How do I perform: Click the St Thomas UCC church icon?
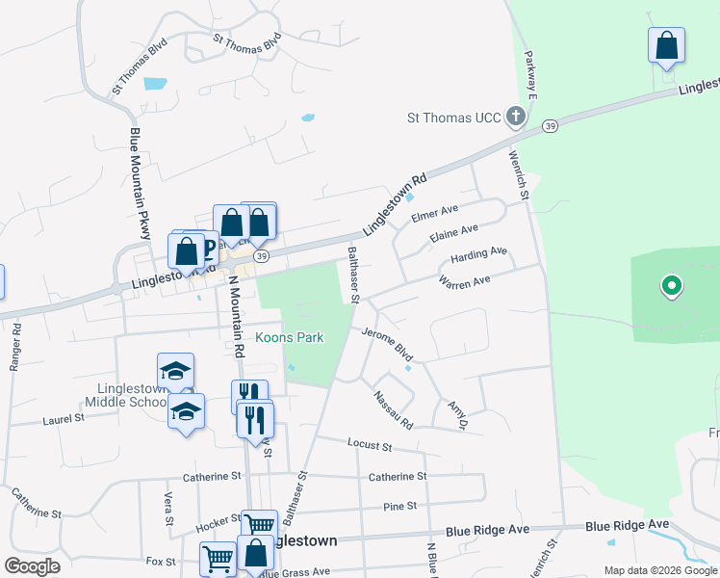coord(516,118)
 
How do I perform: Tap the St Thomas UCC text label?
coord(454,118)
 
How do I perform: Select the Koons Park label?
coord(289,337)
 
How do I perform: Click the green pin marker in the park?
coord(672,286)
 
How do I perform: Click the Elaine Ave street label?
coord(454,234)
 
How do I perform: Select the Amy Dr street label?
coord(457,415)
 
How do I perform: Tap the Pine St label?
coord(399,506)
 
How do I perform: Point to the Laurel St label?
coord(64,420)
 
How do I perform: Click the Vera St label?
coord(168,508)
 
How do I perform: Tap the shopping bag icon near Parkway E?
coord(666,46)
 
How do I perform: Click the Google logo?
coord(32,566)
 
